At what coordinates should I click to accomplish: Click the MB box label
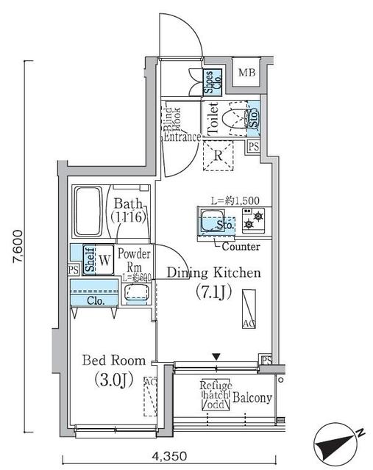(x=247, y=73)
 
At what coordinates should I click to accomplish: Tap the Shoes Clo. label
(x=210, y=82)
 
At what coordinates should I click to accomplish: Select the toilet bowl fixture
(x=234, y=117)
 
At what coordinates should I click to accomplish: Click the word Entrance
(x=182, y=137)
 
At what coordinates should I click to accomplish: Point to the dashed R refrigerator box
(x=219, y=155)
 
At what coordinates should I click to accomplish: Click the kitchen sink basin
(x=213, y=220)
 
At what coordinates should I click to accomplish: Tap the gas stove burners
(x=255, y=219)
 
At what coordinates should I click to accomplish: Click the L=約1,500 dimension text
(x=235, y=200)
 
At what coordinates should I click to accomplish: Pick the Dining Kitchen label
(x=213, y=273)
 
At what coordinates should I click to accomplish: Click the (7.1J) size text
(x=214, y=292)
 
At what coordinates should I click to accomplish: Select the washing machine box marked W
(x=104, y=259)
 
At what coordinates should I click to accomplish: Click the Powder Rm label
(x=135, y=261)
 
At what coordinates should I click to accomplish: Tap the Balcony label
(x=253, y=399)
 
